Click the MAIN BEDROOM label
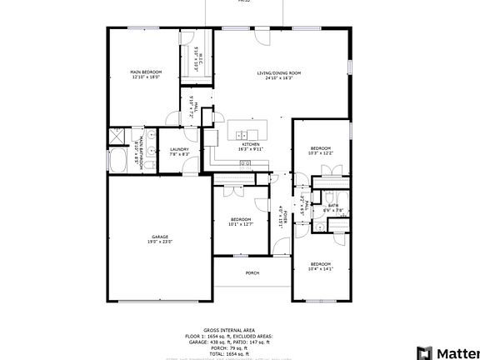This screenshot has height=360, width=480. click(x=146, y=72)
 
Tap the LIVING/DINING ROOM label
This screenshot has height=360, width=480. click(x=277, y=73)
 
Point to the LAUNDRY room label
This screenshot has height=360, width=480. click(x=180, y=149)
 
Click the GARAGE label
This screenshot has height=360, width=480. click(x=160, y=237)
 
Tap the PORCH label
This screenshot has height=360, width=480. click(x=252, y=272)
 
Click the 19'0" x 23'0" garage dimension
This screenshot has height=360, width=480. click(x=160, y=242)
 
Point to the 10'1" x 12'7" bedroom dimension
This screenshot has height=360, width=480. click(x=240, y=224)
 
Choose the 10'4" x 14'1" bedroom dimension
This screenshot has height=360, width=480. click(x=320, y=268)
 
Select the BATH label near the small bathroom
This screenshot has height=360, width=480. click(x=332, y=205)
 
